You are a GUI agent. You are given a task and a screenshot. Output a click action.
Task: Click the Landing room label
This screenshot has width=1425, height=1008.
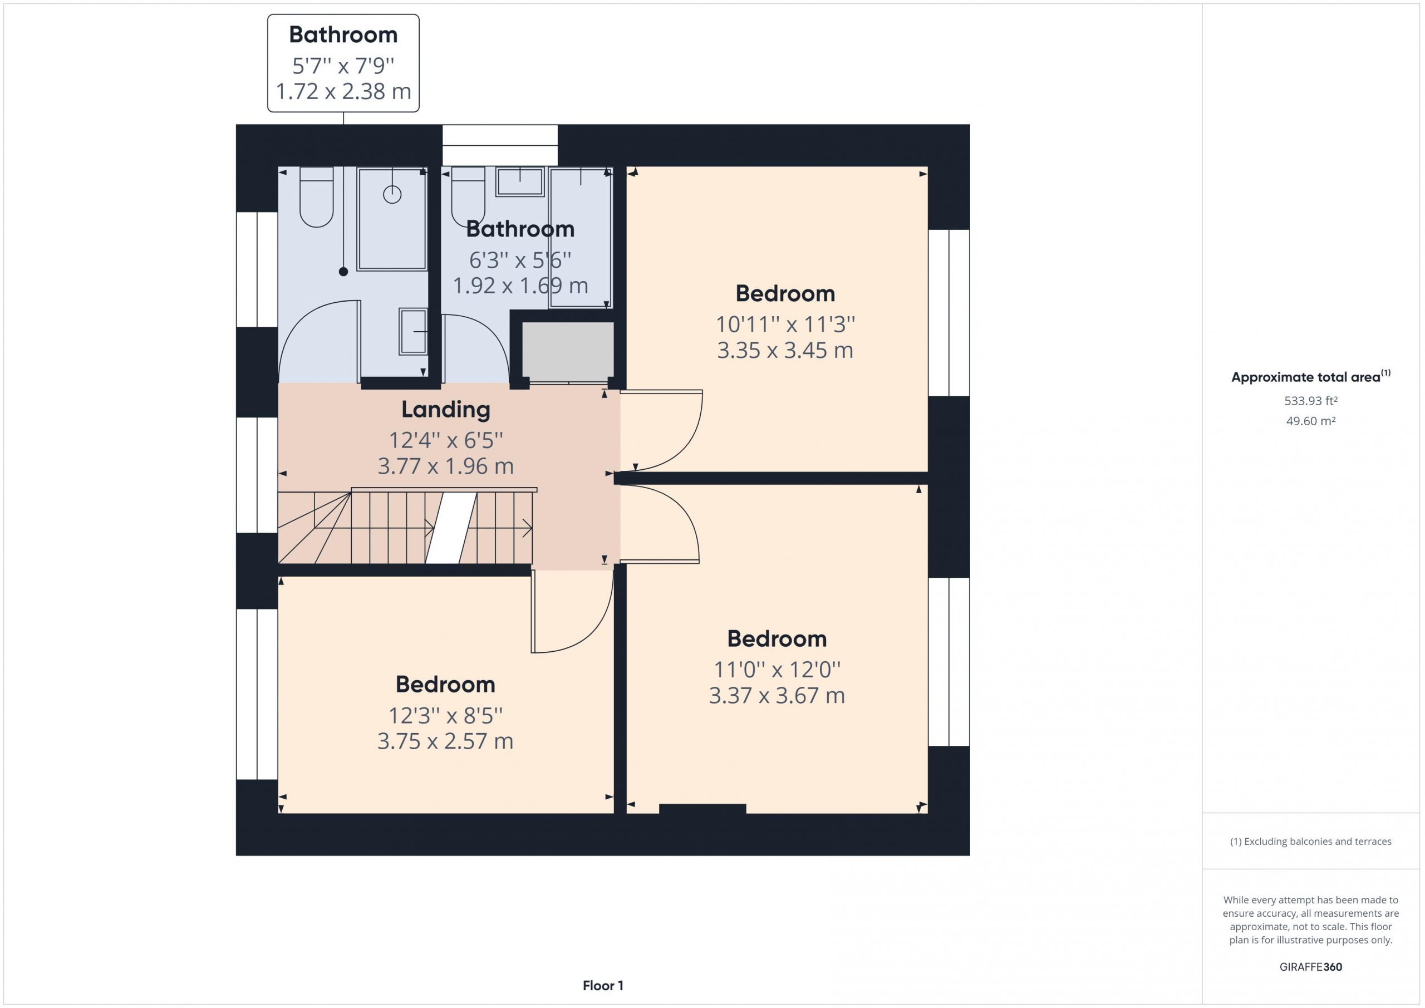pyautogui.click(x=446, y=410)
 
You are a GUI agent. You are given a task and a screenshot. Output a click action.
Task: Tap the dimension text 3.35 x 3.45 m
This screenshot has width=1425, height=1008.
pyautogui.click(x=785, y=351)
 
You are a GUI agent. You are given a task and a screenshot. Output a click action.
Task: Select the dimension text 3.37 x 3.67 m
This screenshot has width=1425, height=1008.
pyautogui.click(x=777, y=696)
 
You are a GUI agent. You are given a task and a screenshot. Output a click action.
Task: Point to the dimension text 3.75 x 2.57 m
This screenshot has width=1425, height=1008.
pyautogui.click(x=446, y=741)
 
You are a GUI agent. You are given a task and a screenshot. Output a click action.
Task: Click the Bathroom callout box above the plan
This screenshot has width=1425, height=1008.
pyautogui.click(x=343, y=63)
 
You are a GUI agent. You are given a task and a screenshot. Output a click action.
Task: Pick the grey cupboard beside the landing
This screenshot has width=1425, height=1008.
pyautogui.click(x=568, y=351)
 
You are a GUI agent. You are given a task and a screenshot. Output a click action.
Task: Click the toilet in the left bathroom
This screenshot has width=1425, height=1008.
pyautogui.click(x=317, y=197)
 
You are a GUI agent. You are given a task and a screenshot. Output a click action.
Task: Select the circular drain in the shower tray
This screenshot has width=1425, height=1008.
pyautogui.click(x=392, y=195)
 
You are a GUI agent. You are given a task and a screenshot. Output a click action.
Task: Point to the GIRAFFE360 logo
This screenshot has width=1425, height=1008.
pyautogui.click(x=1311, y=967)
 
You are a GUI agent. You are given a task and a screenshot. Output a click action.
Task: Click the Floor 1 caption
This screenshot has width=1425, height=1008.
pyautogui.click(x=603, y=986)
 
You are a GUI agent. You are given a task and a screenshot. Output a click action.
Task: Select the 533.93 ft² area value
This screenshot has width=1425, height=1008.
pyautogui.click(x=1311, y=401)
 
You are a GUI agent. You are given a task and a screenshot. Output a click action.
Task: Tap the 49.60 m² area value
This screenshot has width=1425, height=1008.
pyautogui.click(x=1311, y=421)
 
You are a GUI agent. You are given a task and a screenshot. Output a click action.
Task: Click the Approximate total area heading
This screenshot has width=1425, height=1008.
pyautogui.click(x=1311, y=376)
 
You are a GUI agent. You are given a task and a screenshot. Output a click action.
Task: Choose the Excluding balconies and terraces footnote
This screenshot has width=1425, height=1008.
pyautogui.click(x=1311, y=842)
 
